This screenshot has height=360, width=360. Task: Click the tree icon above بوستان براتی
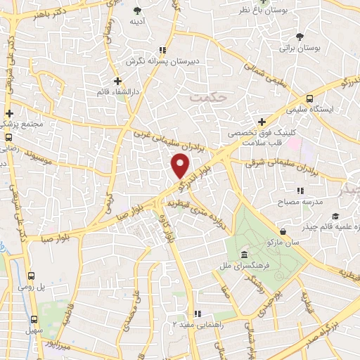point(300,37)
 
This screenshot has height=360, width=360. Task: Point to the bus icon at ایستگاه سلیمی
point(310,99)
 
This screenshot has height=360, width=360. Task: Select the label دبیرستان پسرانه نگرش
point(163,62)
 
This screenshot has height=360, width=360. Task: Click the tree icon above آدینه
point(136,11)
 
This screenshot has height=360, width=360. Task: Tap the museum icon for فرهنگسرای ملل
point(244,254)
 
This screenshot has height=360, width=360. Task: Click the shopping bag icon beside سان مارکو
point(282,231)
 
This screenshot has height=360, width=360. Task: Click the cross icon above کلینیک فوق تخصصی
point(261,122)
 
